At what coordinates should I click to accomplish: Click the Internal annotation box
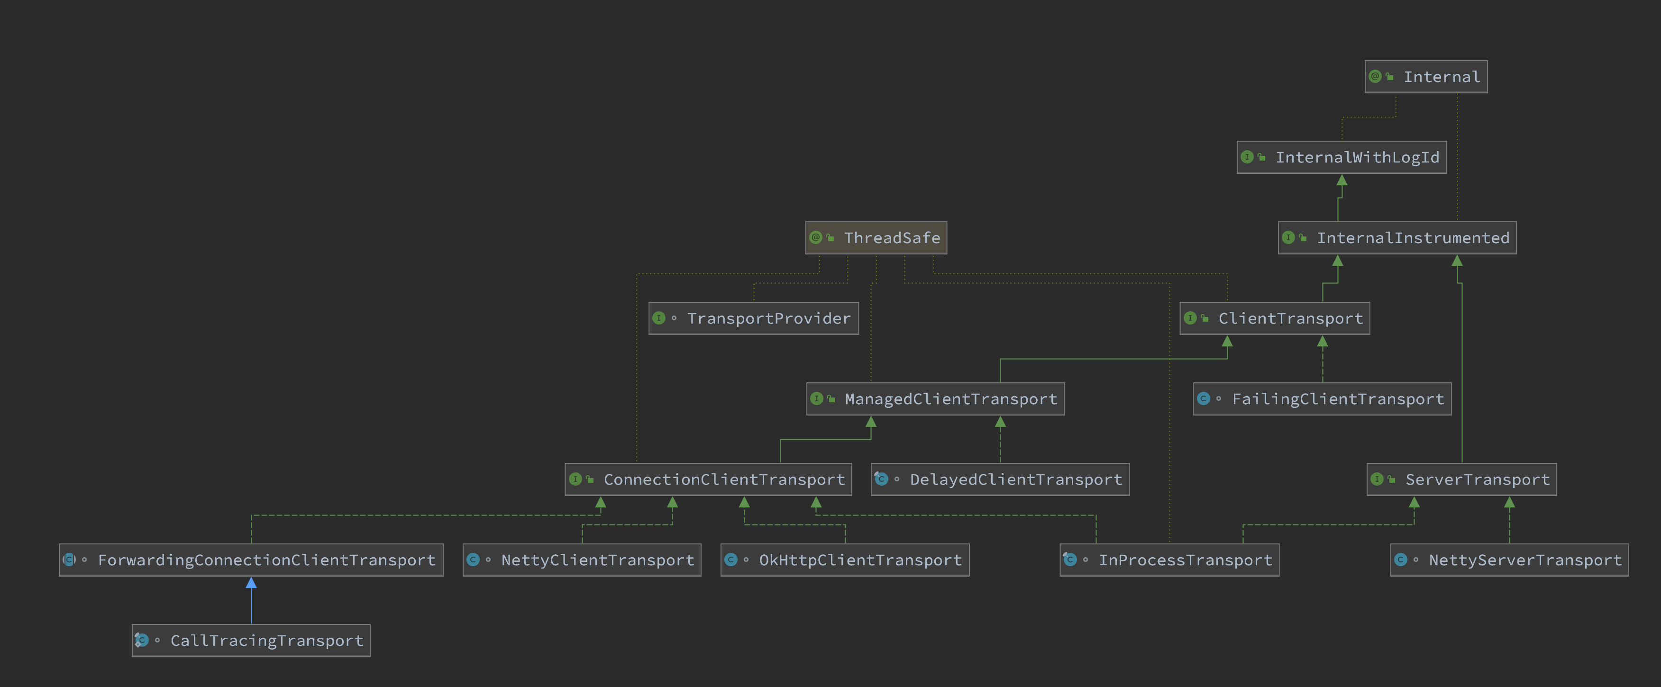pyautogui.click(x=1426, y=77)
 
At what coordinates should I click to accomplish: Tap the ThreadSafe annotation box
pyautogui.click(x=876, y=238)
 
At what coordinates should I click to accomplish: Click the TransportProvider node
pyautogui.click(x=753, y=318)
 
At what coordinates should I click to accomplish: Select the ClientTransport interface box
pyautogui.click(x=1274, y=318)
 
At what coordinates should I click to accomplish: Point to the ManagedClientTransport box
pyautogui.click(x=935, y=399)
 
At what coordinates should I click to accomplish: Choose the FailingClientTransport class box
pyautogui.click(x=1322, y=399)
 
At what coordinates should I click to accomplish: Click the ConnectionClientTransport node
pyautogui.click(x=708, y=479)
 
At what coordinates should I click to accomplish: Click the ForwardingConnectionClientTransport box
pyautogui.click(x=251, y=560)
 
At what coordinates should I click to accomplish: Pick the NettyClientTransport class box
pyautogui.click(x=582, y=560)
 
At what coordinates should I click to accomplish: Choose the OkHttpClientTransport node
pyautogui.click(x=845, y=560)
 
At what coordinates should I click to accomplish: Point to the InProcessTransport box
pyautogui.click(x=1169, y=560)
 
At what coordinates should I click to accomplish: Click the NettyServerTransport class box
pyautogui.click(x=1509, y=560)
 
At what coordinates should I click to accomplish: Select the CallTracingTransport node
pyautogui.click(x=251, y=641)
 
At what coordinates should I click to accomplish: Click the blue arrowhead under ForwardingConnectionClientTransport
pyautogui.click(x=251, y=583)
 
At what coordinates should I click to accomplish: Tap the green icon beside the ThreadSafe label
pyautogui.click(x=816, y=238)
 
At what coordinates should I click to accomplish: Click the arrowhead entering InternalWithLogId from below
pyautogui.click(x=1342, y=181)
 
